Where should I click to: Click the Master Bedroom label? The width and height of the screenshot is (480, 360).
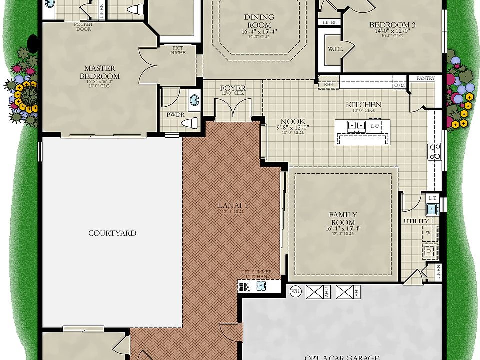(99, 72)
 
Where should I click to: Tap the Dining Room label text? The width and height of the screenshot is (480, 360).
(259, 21)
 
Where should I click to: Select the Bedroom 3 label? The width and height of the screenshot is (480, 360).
(392, 25)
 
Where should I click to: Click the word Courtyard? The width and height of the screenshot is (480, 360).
(112, 233)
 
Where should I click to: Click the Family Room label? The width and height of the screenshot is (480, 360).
(343, 219)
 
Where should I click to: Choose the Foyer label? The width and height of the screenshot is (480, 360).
(233, 88)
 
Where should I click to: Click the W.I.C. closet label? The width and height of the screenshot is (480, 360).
(334, 49)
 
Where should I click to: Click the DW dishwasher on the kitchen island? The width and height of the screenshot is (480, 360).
(375, 126)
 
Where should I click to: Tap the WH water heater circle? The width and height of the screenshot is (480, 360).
(295, 291)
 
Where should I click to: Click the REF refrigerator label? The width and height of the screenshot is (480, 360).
(328, 84)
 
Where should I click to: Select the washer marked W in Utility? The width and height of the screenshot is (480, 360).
(428, 233)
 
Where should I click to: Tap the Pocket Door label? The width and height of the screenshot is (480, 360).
(83, 26)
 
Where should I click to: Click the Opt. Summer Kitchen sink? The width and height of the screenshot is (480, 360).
(260, 286)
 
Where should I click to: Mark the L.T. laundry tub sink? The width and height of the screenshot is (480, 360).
(432, 209)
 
